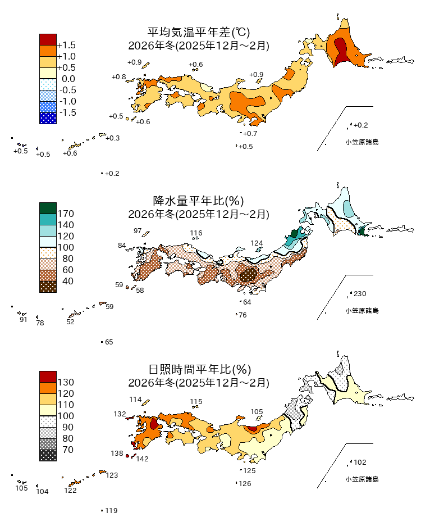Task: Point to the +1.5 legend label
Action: pos(67,45)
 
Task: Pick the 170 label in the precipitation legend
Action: pos(66,214)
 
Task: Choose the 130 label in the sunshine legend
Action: pos(66,382)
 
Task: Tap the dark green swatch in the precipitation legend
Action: pos(48,208)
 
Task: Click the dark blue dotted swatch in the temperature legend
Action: pos(48,118)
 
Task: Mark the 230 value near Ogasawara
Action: pos(360,294)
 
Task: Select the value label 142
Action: pos(142,459)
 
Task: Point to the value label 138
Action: pos(117,453)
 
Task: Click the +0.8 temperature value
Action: pos(118,76)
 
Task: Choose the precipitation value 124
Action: pos(257,243)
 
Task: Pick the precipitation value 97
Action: pos(138,231)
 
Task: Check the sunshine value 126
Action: pos(245,484)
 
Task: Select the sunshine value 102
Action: pos(360,462)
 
